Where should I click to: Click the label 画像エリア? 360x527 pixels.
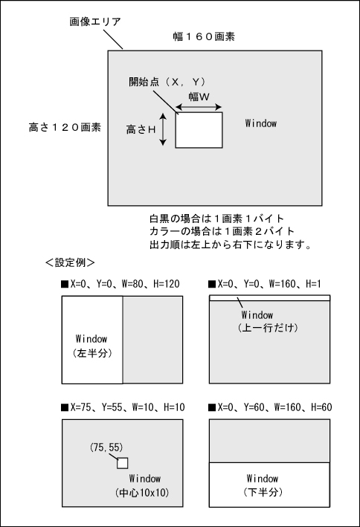[95, 22]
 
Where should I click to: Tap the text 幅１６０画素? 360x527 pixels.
[204, 36]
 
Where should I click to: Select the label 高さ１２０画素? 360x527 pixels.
[65, 127]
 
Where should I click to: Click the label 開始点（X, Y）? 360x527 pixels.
[167, 82]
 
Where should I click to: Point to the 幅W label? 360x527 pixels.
[199, 97]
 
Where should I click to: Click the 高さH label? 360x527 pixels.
[141, 129]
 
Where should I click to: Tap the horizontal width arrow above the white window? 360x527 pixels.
[199, 107]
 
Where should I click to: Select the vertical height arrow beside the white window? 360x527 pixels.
[163, 129]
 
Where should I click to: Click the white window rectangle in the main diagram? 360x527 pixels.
[199, 130]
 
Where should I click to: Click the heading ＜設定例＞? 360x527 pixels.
[70, 262]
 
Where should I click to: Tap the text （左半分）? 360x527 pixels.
[92, 353]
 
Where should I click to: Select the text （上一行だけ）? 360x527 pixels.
[269, 328]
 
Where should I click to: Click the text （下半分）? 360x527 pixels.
[263, 492]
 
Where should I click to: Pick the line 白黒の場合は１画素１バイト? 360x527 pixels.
[217, 219]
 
